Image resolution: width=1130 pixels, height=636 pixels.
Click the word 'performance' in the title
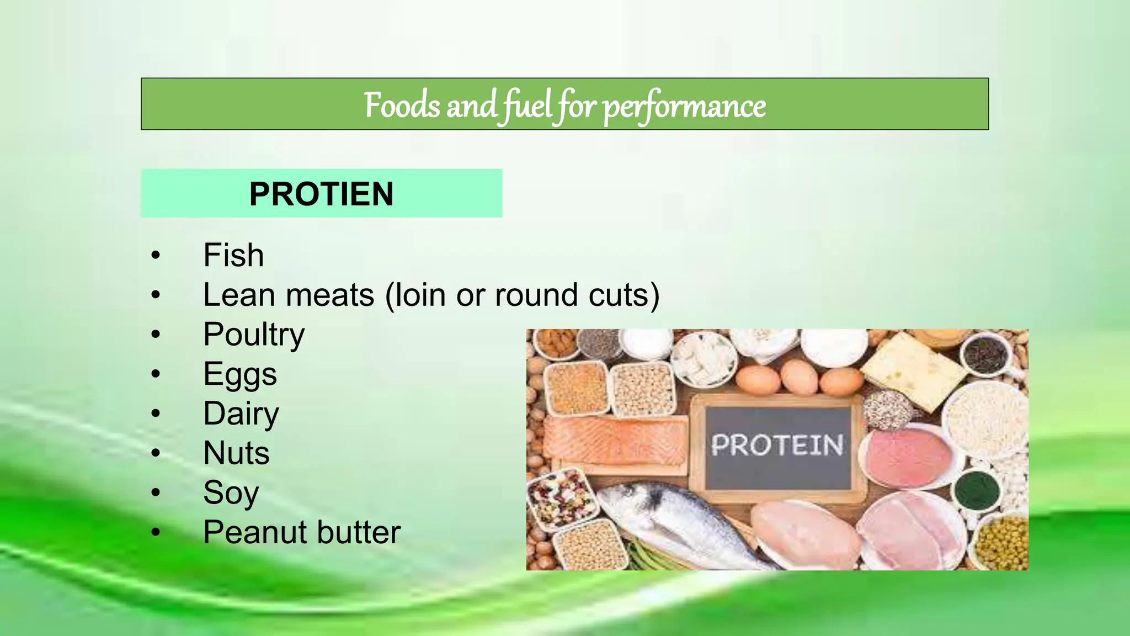click(684, 106)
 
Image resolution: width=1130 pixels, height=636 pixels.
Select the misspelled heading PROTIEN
click(321, 194)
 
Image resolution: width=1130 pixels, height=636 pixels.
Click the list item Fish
click(233, 255)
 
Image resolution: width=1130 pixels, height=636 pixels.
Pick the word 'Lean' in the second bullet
click(239, 295)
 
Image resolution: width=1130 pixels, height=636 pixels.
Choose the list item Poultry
click(253, 335)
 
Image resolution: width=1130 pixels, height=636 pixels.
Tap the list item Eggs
click(239, 374)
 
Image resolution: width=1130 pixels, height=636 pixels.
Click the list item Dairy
click(241, 414)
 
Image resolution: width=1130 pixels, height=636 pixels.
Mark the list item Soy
click(231, 492)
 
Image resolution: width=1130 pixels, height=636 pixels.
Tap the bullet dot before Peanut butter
click(156, 532)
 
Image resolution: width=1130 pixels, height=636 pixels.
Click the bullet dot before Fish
click(156, 255)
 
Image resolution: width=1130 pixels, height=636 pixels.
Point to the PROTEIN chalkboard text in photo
click(777, 445)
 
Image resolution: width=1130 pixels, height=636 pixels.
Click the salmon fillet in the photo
click(614, 442)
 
